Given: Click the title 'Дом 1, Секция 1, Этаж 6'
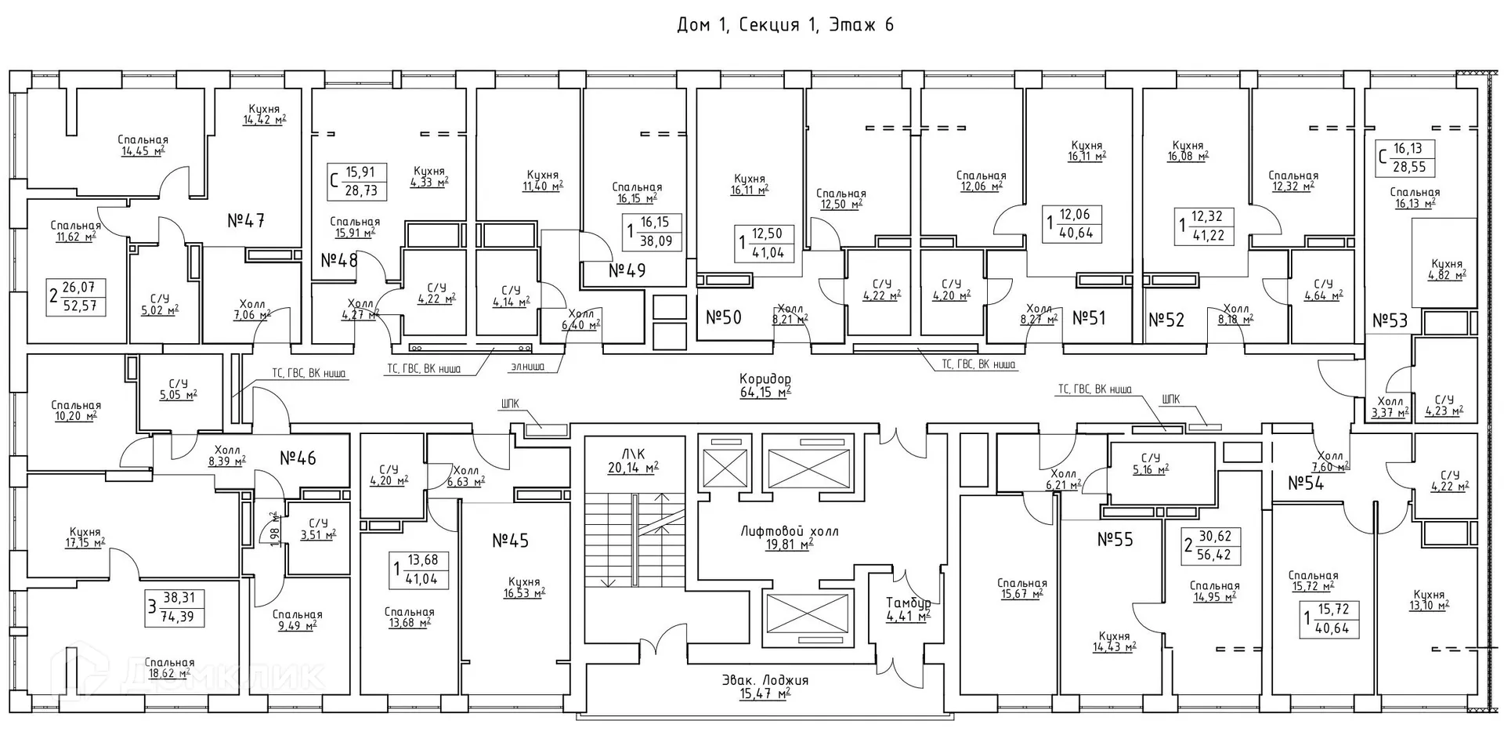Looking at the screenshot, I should point(785,25).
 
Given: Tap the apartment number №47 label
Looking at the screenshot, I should point(246,221).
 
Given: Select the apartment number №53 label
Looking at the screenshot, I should point(1390,320).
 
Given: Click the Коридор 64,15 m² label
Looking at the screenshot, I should point(765,385).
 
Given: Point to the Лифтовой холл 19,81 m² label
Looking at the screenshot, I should point(789,537).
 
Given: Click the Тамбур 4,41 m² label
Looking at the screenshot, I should point(908,609).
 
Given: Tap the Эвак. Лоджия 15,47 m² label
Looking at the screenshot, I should point(765,686).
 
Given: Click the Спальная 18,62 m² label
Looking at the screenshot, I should point(169,668).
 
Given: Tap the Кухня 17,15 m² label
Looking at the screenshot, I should point(85,537).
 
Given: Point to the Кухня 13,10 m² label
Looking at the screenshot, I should point(1430,599).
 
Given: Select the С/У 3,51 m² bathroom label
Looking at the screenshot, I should point(318,529).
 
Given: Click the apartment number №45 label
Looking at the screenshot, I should point(510,541).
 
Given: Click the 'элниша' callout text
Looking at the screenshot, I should point(529,366).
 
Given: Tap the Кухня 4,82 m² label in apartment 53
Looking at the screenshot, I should point(1446,270).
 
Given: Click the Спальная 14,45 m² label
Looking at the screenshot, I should point(143,145).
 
